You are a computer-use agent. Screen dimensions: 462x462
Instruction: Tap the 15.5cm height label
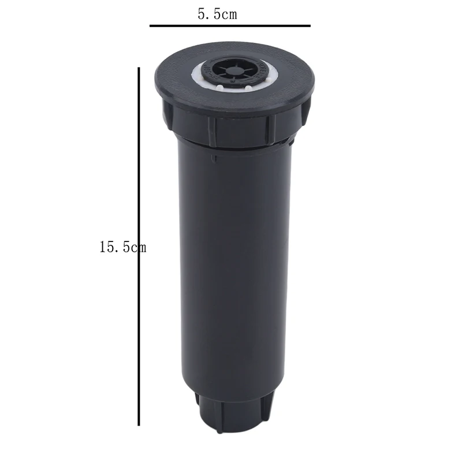pos(122,248)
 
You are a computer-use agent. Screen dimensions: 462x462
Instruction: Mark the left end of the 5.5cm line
pos(151,25)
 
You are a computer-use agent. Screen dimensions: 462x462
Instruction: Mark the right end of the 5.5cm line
pos(310,25)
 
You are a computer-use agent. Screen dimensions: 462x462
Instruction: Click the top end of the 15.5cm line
pos(139,69)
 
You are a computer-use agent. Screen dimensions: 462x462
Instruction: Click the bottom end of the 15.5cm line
pos(139,424)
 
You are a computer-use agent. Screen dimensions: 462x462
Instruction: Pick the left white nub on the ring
pos(221,88)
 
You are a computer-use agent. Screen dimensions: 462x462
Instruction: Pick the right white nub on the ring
pos(247,88)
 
